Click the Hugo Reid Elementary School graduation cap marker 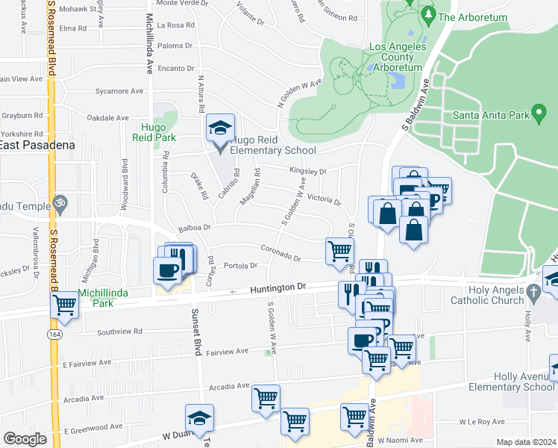point(220,129)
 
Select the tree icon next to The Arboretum point(427,15)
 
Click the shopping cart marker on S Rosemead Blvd point(65,305)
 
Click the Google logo point(25,438)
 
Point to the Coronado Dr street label point(280,254)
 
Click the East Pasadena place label point(37,145)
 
